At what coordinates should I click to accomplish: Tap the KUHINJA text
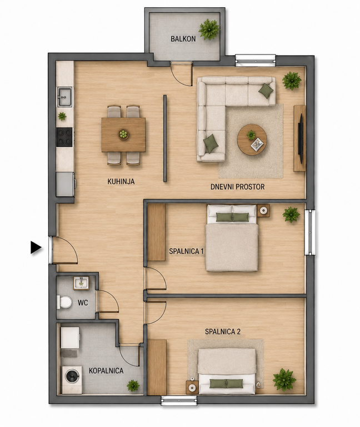[x=121, y=181]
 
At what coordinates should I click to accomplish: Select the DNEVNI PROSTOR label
[x=238, y=187]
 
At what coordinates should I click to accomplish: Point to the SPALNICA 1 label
[x=187, y=251]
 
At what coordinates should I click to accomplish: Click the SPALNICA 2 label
[x=223, y=332]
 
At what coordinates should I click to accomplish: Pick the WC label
[x=83, y=302]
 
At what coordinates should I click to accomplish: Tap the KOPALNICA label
[x=106, y=371]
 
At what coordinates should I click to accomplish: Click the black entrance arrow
[x=36, y=247]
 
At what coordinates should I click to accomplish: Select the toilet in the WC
[x=64, y=302]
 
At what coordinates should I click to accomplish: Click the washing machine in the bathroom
[x=72, y=376]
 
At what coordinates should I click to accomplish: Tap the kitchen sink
[x=64, y=97]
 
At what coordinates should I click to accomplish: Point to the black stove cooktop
[x=64, y=137]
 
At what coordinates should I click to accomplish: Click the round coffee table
[x=252, y=140]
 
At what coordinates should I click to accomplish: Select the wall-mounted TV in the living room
[x=301, y=138]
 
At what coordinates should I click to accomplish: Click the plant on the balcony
[x=209, y=29]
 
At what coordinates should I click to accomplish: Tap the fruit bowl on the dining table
[x=123, y=134]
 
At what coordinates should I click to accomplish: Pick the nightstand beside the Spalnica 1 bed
[x=263, y=211]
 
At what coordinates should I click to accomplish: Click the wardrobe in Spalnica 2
[x=157, y=368]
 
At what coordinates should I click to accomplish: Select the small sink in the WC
[x=81, y=283]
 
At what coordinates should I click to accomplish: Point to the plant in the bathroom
[x=133, y=386]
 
